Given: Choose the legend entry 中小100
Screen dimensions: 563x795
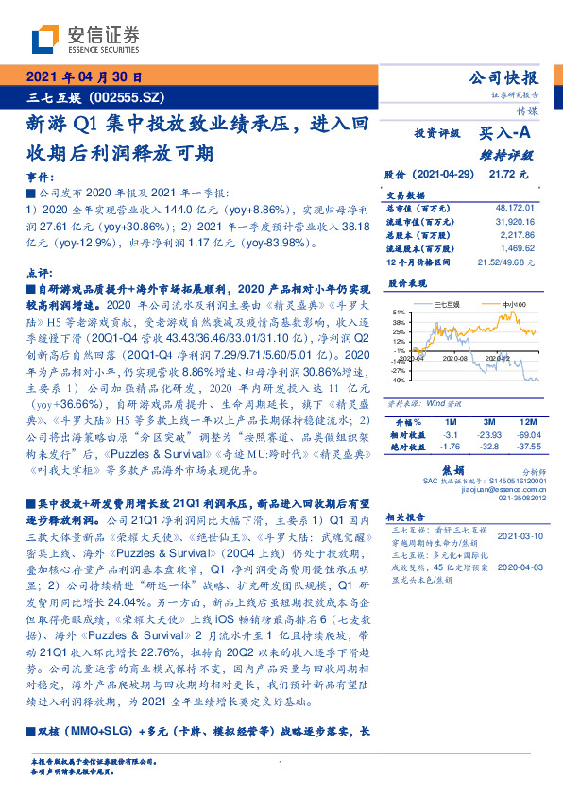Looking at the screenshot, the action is coord(514,303).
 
